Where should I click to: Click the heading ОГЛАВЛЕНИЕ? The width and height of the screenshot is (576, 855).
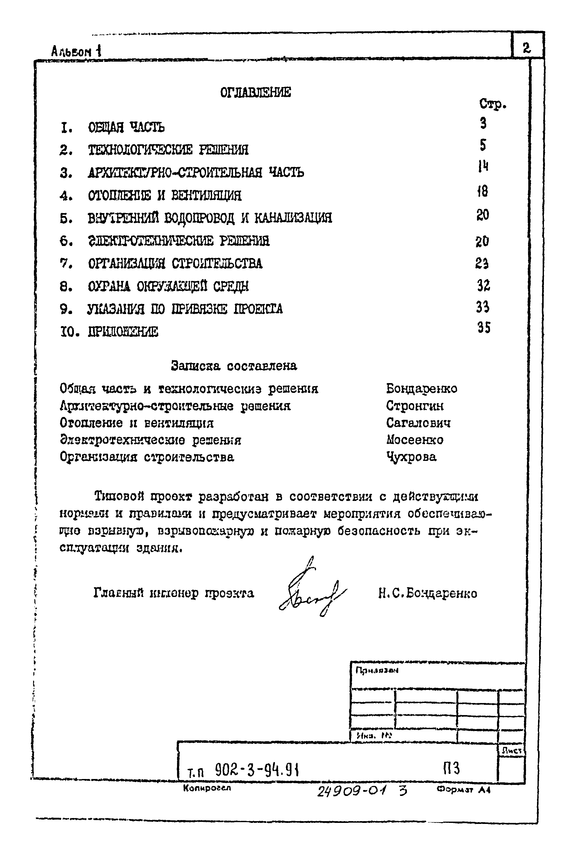[255, 92]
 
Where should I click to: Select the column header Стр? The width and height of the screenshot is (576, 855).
[492, 104]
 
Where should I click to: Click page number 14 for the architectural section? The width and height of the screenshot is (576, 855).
[483, 167]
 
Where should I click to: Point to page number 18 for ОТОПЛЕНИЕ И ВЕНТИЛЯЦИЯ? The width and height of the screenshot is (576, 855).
[483, 191]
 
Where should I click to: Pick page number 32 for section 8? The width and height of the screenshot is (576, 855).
[483, 285]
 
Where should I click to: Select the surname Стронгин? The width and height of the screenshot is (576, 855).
[414, 406]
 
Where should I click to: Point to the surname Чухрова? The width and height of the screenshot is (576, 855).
[412, 457]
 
